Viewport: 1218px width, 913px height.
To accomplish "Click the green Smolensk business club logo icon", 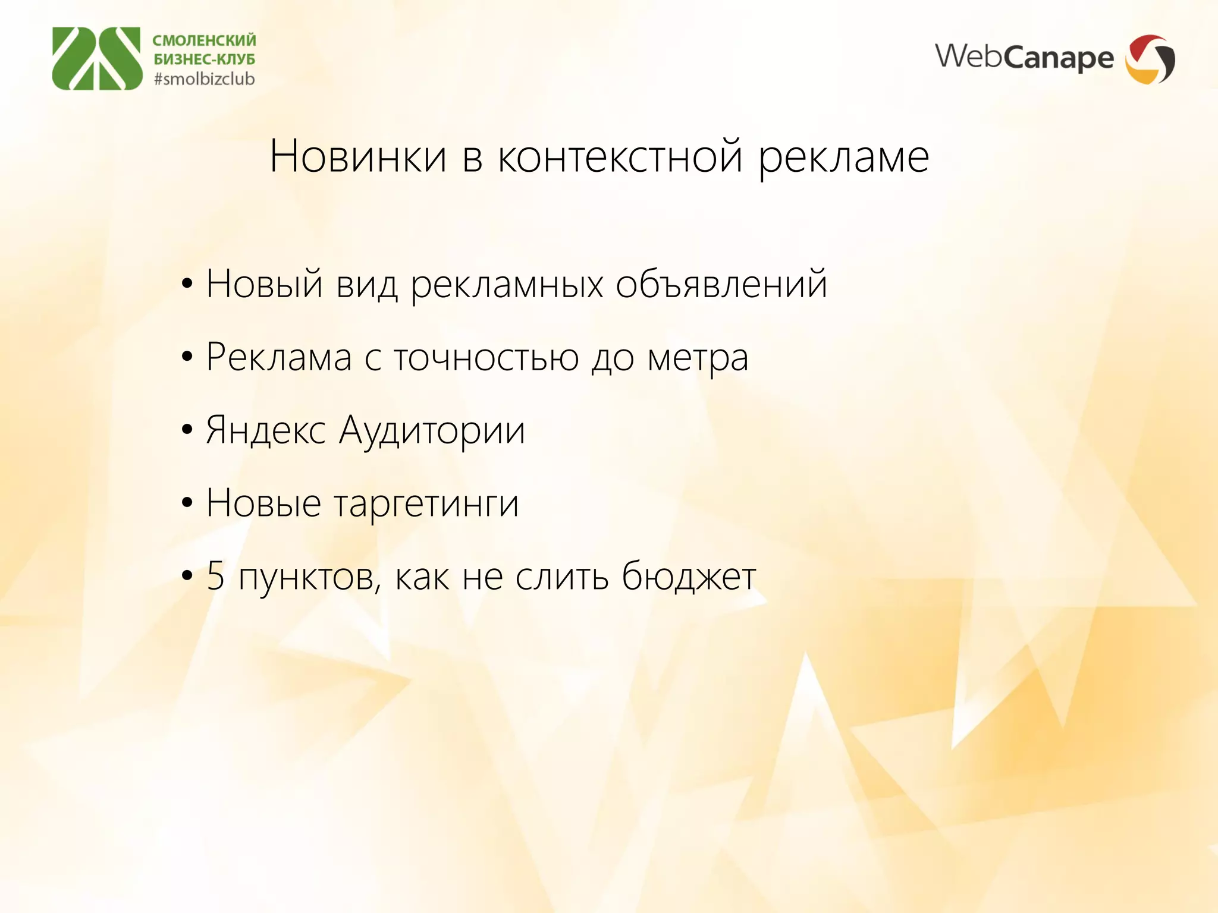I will click(x=97, y=58).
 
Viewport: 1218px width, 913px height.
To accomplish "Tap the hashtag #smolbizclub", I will click(x=204, y=79).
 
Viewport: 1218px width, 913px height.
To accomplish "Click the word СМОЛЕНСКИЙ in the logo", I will click(x=204, y=40).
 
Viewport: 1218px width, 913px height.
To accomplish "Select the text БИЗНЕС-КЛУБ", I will click(x=204, y=59).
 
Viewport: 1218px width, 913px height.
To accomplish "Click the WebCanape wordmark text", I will click(x=1024, y=58).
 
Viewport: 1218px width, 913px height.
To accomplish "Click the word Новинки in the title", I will click(x=358, y=157).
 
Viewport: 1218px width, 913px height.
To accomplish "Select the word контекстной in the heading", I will click(x=620, y=157).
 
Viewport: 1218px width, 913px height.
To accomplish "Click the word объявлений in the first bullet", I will click(x=721, y=284).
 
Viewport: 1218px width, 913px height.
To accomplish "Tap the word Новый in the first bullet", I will click(x=264, y=284).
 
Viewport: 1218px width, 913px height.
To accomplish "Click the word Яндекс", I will click(x=265, y=431).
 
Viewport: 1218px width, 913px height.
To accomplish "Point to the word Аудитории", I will click(x=432, y=431).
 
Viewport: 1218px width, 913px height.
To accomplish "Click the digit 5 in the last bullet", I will click(x=215, y=577).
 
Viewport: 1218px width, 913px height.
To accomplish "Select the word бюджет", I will click(x=688, y=577).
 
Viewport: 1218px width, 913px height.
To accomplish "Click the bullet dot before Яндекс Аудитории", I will click(x=187, y=430).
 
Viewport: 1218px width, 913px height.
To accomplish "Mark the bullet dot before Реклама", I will click(x=187, y=357).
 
